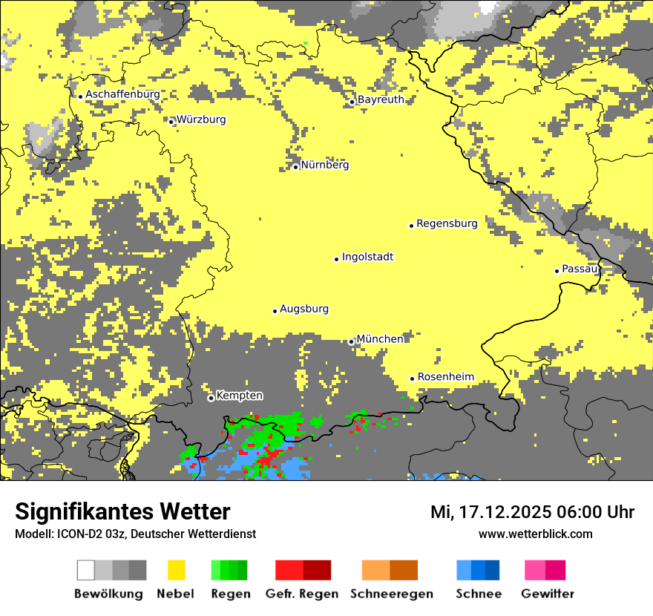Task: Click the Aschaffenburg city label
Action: [122, 95]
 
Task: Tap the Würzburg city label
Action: [201, 119]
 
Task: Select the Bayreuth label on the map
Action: [381, 99]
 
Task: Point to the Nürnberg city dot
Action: [295, 167]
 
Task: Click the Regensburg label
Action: [447, 223]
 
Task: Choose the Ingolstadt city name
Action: [367, 258]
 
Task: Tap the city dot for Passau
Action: [557, 271]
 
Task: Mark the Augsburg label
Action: [304, 309]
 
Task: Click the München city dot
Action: [351, 342]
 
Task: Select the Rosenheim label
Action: [445, 377]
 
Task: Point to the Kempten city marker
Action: [211, 399]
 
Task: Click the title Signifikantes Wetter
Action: [122, 512]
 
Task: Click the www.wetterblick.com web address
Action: [535, 534]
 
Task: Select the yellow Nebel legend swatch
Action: [177, 570]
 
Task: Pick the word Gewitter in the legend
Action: [547, 594]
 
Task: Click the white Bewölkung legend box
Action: [86, 570]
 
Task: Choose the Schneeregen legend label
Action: [392, 594]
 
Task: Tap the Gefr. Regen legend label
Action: [302, 594]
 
